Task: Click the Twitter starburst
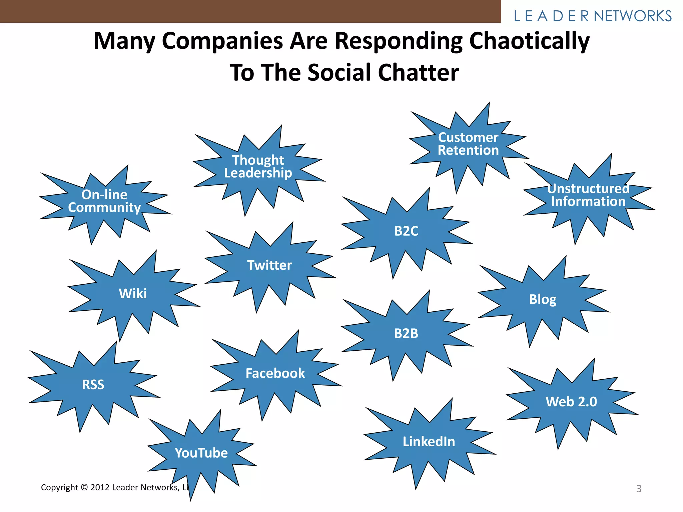pyautogui.click(x=269, y=266)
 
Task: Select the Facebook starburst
pyautogui.click(x=275, y=373)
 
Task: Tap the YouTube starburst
pyautogui.click(x=201, y=453)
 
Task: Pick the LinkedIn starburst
pyautogui.click(x=429, y=442)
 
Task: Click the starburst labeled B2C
pyautogui.click(x=406, y=231)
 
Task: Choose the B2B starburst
pyautogui.click(x=406, y=333)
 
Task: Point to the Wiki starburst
pyautogui.click(x=133, y=294)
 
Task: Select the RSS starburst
pyautogui.click(x=93, y=385)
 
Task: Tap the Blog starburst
pyautogui.click(x=543, y=299)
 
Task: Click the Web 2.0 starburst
pyautogui.click(x=571, y=402)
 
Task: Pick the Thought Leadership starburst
pyautogui.click(x=258, y=167)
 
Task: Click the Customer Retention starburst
pyautogui.click(x=468, y=144)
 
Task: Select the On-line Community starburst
pyautogui.click(x=104, y=201)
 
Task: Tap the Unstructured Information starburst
pyautogui.click(x=588, y=195)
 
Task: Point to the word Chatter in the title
pyautogui.click(x=418, y=73)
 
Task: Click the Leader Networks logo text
pyautogui.click(x=593, y=16)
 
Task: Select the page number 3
pyautogui.click(x=639, y=489)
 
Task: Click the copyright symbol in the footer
pyautogui.click(x=84, y=487)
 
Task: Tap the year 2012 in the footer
pyautogui.click(x=100, y=487)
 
